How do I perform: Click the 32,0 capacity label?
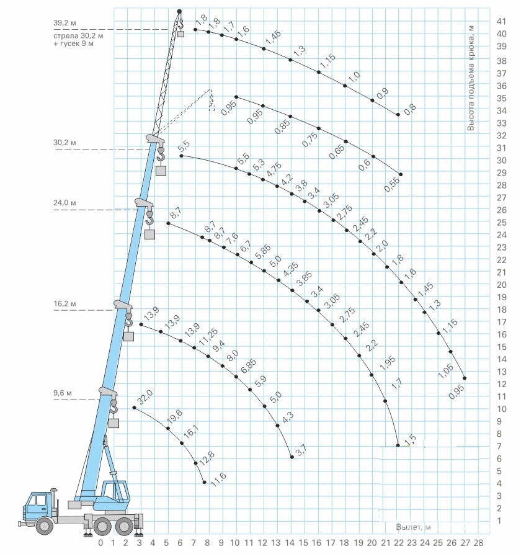(145, 397)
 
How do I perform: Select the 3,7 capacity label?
(301, 450)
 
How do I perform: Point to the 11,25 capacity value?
(208, 337)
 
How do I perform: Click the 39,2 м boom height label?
(65, 24)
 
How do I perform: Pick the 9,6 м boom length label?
(63, 393)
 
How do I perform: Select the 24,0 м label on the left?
(65, 203)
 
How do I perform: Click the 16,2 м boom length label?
(65, 303)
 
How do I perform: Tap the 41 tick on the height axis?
(502, 22)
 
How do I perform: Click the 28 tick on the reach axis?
(478, 542)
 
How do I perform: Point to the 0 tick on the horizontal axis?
(100, 542)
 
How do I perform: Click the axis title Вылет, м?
(413, 527)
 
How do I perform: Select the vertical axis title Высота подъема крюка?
(471, 78)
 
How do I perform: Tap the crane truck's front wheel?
(45, 525)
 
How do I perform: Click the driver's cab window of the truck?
(39, 501)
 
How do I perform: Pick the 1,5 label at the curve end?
(410, 440)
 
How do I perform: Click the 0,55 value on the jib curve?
(392, 184)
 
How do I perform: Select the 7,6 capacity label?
(232, 238)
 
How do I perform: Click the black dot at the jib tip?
(179, 12)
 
